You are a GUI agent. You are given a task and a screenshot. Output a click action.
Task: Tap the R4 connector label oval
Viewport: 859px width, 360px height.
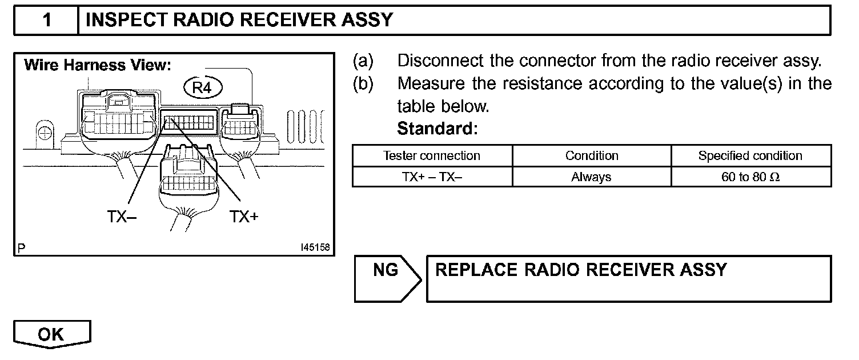pos(202,87)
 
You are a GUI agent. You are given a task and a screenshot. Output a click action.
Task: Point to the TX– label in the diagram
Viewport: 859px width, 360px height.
pos(122,217)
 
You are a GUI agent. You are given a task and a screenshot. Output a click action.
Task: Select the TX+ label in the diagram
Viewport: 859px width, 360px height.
pos(244,217)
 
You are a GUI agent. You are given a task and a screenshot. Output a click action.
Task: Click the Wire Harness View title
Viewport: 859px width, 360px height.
pos(97,65)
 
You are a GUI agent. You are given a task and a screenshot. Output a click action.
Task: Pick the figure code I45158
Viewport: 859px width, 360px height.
pos(314,248)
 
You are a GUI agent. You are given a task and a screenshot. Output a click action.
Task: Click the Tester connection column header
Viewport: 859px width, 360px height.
pos(432,156)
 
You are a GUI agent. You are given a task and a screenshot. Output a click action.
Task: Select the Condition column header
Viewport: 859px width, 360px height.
pos(592,156)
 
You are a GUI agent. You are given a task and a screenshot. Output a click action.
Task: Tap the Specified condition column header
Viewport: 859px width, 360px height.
pos(750,156)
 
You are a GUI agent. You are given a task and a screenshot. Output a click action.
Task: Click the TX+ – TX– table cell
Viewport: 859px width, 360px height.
pos(432,177)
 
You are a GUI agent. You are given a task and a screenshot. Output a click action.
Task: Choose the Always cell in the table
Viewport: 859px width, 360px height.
pos(592,177)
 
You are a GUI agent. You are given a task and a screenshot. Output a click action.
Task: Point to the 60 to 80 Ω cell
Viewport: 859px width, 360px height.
pos(750,177)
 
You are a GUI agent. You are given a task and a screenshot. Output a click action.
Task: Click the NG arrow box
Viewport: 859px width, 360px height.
pos(386,278)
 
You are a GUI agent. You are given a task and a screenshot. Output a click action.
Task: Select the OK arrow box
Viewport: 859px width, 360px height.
pos(51,334)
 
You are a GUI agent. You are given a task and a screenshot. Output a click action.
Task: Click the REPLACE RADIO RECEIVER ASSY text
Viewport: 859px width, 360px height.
pos(581,270)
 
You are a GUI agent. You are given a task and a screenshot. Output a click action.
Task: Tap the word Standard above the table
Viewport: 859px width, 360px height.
pos(437,129)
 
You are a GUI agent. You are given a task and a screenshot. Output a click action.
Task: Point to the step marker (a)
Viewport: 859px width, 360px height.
pos(363,60)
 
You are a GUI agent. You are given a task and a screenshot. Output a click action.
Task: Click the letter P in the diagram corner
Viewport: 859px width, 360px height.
pos(22,249)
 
